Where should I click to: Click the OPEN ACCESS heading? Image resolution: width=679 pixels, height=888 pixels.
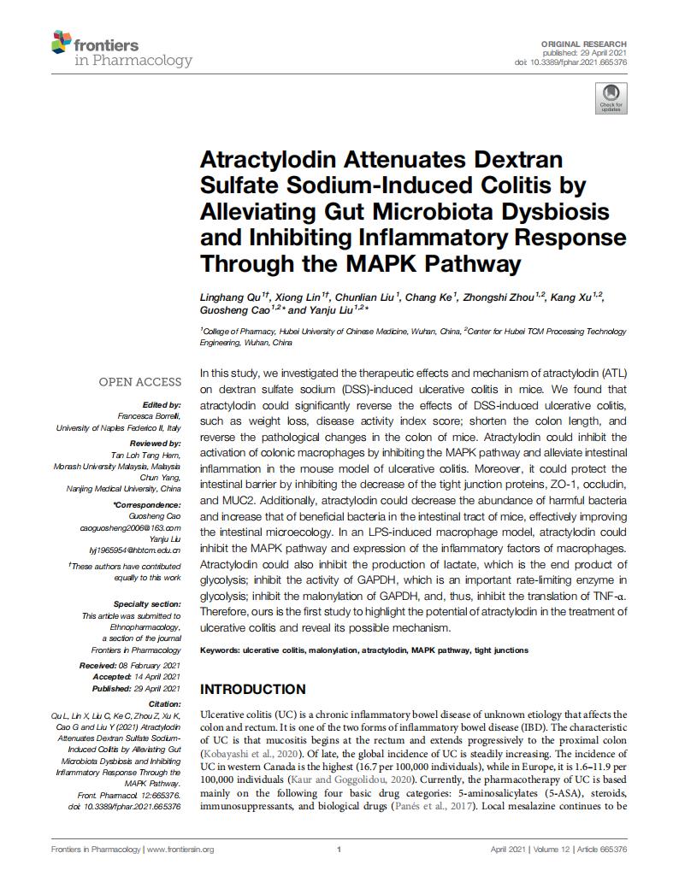(140, 382)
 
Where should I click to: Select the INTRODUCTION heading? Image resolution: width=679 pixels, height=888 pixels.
(252, 689)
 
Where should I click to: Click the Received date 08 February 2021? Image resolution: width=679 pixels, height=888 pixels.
(153, 665)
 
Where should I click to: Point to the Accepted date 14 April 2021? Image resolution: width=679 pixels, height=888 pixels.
(157, 676)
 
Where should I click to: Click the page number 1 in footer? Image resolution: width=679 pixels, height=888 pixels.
(339, 850)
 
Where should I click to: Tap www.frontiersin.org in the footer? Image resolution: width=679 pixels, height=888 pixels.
(180, 850)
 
